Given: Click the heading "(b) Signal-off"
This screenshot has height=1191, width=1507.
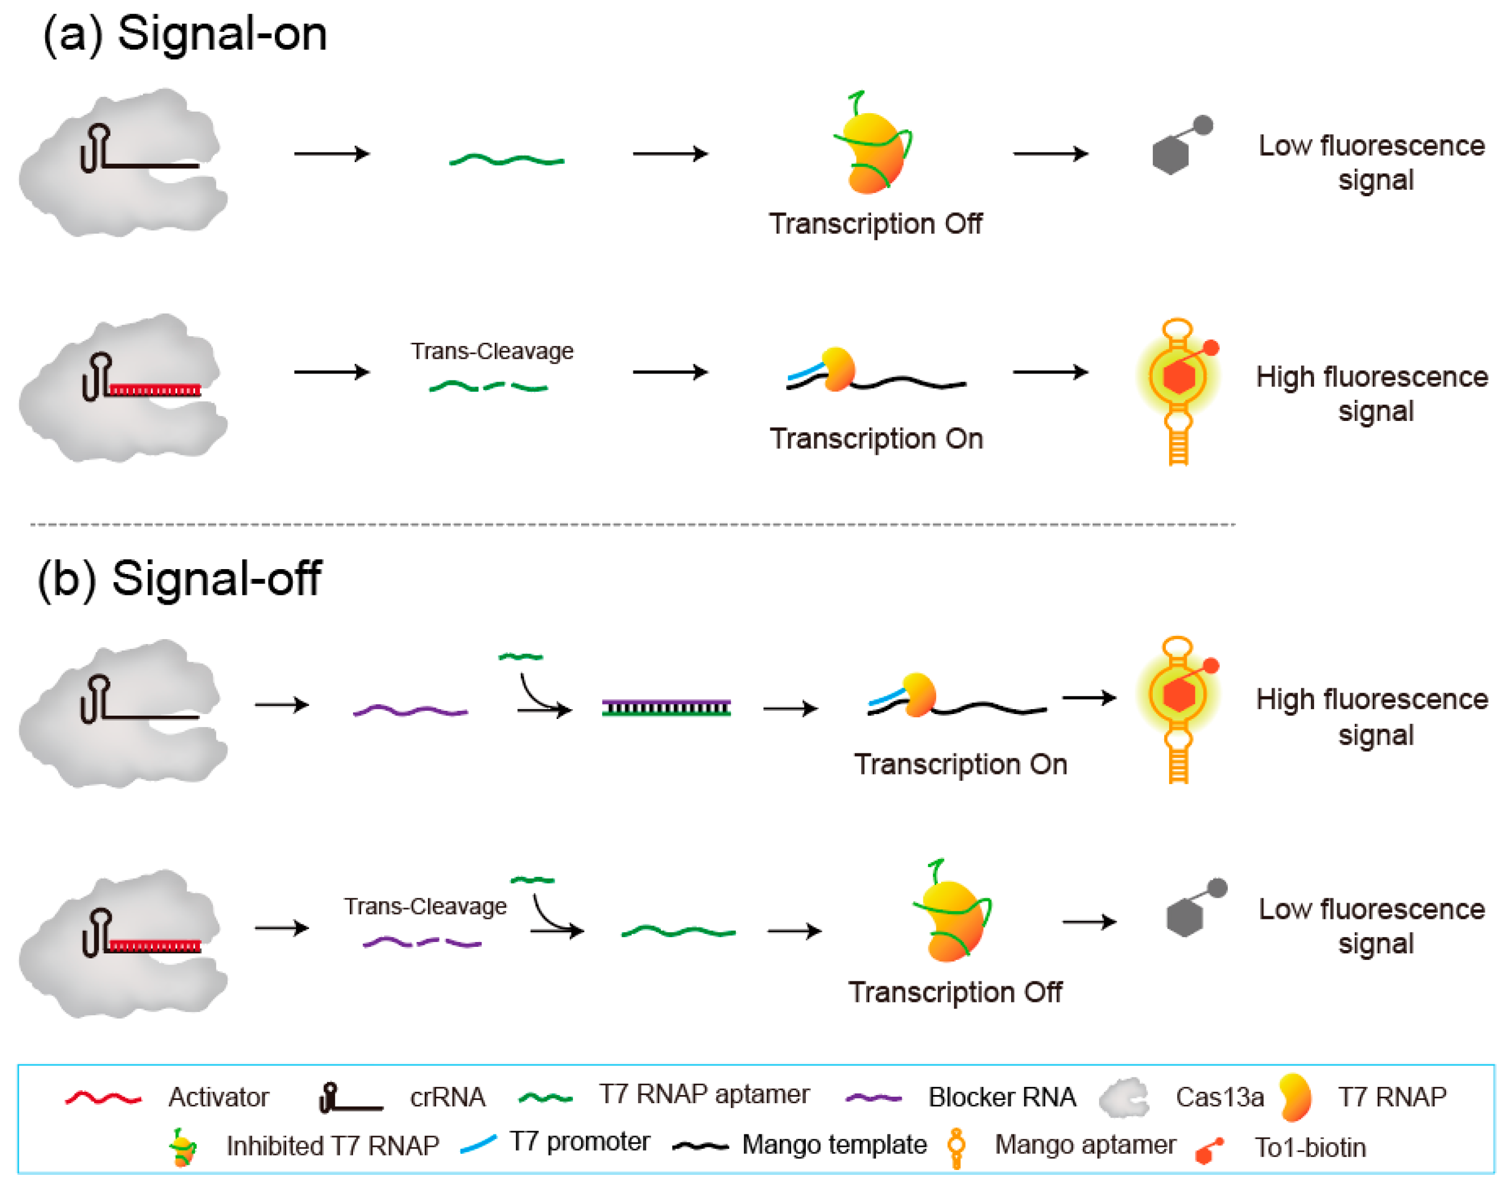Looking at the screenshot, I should point(179,578).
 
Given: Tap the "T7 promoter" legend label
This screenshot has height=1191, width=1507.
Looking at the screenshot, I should point(579,1142).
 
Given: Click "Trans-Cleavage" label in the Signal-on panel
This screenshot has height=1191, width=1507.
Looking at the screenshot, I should point(492,351).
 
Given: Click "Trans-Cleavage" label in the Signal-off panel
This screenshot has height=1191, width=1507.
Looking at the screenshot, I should point(425,906).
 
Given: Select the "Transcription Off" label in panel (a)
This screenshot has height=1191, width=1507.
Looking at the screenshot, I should point(875,224).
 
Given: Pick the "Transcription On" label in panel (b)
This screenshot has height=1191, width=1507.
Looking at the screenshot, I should point(960,764).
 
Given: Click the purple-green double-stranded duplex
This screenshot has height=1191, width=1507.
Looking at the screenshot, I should point(666,709).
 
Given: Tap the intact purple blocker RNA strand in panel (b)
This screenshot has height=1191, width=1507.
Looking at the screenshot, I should point(410,711).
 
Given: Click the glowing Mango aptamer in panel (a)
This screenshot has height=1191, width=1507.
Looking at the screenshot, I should point(1179,391).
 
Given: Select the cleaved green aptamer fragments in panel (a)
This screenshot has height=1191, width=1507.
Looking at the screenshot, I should point(488,386).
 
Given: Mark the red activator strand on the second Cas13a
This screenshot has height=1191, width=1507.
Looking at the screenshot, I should point(154,390).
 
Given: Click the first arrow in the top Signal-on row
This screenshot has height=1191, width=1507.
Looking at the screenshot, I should point(331,154).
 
